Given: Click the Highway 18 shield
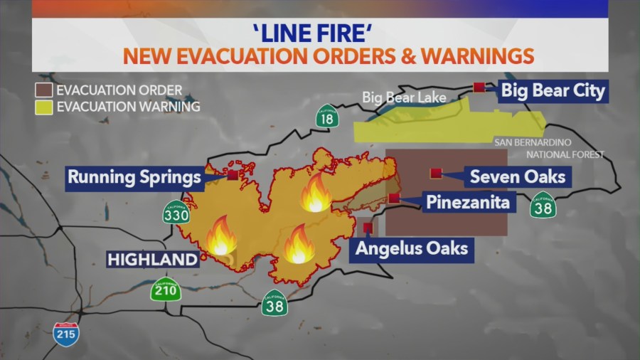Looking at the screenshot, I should tap(326, 117).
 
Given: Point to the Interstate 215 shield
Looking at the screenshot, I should tap(66, 333).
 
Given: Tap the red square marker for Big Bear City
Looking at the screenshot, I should tap(479, 88).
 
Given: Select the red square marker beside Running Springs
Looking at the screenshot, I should tap(233, 174).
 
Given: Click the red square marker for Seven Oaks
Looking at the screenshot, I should tap(434, 173).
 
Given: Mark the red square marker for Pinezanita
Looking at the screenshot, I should tap(394, 198).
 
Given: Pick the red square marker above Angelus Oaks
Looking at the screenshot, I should tap(368, 228).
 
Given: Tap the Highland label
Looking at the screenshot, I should tap(152, 260).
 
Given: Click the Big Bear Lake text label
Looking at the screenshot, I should tap(401, 97).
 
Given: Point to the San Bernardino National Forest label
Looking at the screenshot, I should tap(549, 148).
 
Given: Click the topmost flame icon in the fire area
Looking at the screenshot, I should tap(315, 194).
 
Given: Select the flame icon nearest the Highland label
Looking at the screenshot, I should tap(221, 236).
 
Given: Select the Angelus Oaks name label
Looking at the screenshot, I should tap(412, 248).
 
